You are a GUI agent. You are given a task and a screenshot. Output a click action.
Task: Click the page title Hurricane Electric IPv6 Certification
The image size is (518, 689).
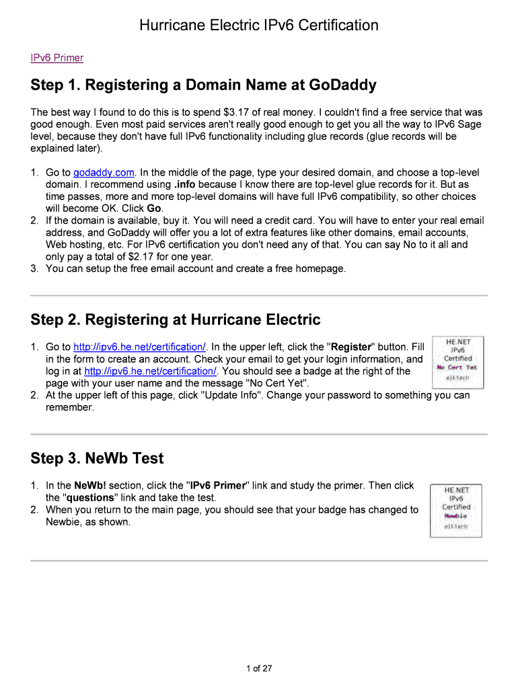(x=259, y=26)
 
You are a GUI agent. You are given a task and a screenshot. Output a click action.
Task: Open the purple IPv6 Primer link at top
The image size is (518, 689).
(x=57, y=58)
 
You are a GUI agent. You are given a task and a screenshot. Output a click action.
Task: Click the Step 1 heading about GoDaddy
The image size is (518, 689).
(x=203, y=85)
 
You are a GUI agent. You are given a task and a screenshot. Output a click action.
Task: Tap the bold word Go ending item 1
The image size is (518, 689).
(x=155, y=209)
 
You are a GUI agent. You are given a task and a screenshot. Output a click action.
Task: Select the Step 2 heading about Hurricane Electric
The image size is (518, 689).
(x=175, y=320)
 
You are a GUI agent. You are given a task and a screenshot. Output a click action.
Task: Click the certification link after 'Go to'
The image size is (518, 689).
(x=139, y=347)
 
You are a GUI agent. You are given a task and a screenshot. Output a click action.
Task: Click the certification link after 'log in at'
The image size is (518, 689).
(x=151, y=371)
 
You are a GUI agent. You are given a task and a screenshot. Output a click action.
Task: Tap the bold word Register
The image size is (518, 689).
(x=349, y=347)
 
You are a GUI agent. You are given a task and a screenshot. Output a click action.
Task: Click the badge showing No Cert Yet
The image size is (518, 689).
(x=457, y=363)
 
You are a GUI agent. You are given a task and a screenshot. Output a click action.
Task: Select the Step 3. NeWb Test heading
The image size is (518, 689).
(x=97, y=458)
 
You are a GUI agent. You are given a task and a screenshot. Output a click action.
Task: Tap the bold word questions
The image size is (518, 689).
(x=91, y=498)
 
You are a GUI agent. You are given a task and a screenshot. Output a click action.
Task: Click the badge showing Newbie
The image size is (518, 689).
(x=457, y=511)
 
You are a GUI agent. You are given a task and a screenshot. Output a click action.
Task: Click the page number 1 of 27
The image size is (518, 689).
(x=259, y=668)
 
